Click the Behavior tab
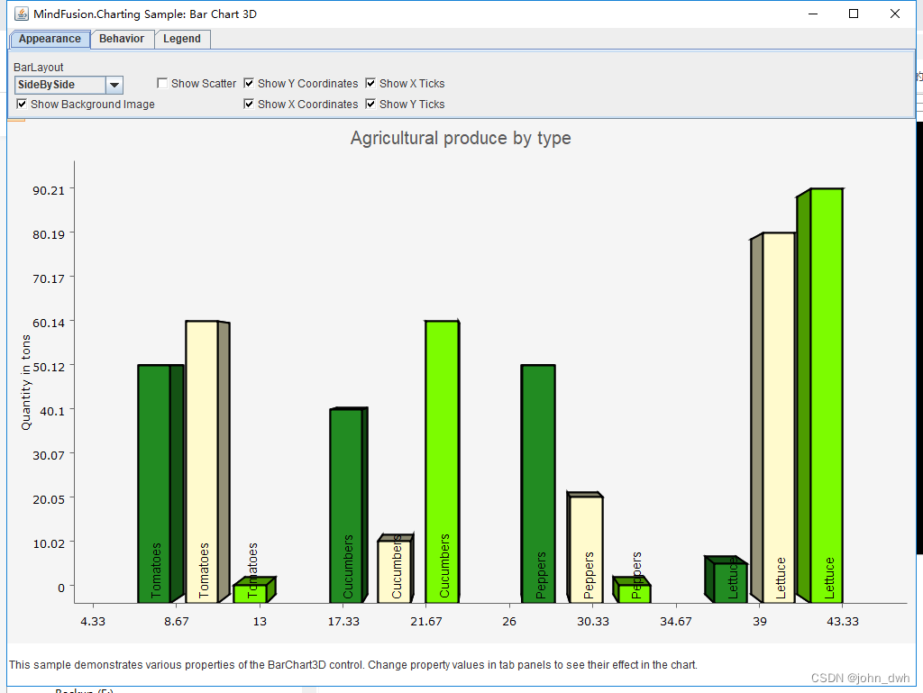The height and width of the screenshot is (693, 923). (122, 39)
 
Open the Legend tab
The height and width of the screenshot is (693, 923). (182, 39)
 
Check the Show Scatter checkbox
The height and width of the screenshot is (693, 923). (162, 84)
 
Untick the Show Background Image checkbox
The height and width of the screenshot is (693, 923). (22, 105)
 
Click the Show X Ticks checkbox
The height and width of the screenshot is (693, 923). (370, 84)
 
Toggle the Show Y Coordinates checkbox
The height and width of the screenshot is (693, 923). (249, 84)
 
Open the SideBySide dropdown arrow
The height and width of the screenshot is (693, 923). (114, 85)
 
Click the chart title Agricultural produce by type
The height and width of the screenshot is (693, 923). (461, 138)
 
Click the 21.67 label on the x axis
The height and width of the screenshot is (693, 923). (426, 622)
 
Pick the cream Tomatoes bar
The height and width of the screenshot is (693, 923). (202, 460)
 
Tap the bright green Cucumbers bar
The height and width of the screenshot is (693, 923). (442, 460)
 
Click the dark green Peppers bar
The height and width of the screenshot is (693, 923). (538, 483)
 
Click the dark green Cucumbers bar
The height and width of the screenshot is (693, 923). (346, 505)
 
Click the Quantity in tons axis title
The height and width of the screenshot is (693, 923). (26, 382)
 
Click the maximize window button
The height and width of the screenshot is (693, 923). (854, 14)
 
